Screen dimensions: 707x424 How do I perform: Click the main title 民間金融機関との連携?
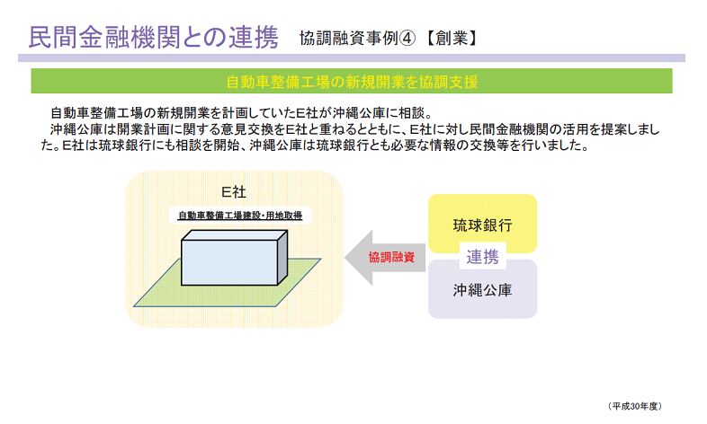[x=153, y=38]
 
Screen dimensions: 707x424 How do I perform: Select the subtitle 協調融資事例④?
[x=357, y=39]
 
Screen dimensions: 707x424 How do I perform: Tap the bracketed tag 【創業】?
[x=451, y=39]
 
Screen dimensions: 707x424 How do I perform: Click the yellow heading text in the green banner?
[x=352, y=82]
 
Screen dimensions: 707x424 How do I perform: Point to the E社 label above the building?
[x=234, y=192]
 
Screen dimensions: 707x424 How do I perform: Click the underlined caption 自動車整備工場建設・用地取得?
[x=240, y=216]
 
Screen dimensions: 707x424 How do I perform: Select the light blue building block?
[x=229, y=262]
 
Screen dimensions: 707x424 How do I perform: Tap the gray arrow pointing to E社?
[x=385, y=258]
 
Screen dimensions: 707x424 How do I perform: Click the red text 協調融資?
[x=391, y=258]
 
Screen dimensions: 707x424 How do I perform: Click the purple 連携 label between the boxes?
[x=482, y=257]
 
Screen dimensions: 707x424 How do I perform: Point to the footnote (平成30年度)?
[x=635, y=406]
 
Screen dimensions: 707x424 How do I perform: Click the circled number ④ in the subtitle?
[x=407, y=39]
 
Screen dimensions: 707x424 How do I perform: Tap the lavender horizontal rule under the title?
[x=352, y=58]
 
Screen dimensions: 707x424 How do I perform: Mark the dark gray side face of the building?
[x=282, y=258]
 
